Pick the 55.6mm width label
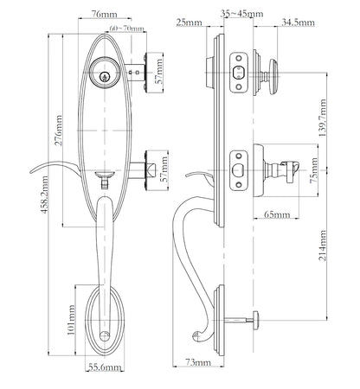[x=105, y=367]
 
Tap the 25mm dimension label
[x=183, y=22]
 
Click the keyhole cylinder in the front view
[x=107, y=77]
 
